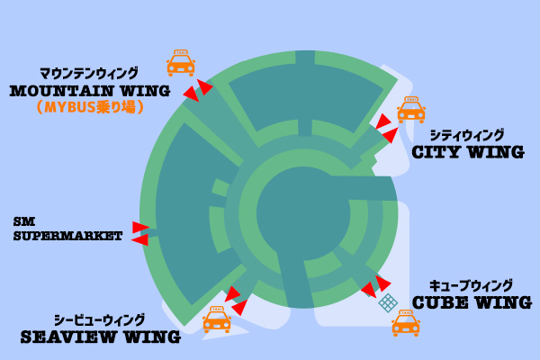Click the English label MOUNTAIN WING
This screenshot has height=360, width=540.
point(89,91)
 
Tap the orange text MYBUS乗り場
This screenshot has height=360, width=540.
point(90,107)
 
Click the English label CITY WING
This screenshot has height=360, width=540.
point(467,152)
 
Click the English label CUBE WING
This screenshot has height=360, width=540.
point(472,302)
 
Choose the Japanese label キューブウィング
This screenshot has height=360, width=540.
point(471,285)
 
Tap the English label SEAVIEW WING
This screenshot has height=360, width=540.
point(100,337)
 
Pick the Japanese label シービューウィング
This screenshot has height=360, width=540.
point(99,319)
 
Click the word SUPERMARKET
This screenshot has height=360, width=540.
point(67,237)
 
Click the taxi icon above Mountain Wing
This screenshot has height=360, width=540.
point(181,63)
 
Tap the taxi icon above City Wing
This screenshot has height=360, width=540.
point(410,110)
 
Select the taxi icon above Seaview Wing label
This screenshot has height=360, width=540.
point(216,319)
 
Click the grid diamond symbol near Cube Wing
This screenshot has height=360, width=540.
point(388,302)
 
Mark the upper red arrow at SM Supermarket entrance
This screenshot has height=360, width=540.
point(140,228)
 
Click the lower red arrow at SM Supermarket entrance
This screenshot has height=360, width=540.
point(139,240)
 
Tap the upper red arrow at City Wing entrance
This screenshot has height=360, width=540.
point(384,121)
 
